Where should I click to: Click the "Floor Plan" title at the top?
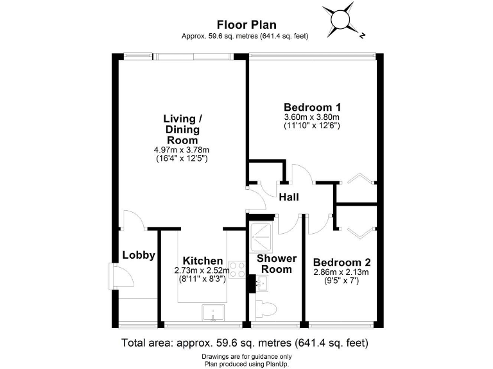point(246,25)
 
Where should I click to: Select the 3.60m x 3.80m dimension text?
point(311,117)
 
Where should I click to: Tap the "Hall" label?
point(289,198)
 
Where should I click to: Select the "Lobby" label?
point(139,255)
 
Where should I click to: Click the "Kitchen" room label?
point(203,261)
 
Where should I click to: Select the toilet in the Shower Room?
point(265,309)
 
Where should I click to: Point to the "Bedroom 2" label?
point(342,262)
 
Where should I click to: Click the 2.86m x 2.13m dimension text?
point(342,272)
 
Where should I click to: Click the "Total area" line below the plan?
point(246,342)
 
